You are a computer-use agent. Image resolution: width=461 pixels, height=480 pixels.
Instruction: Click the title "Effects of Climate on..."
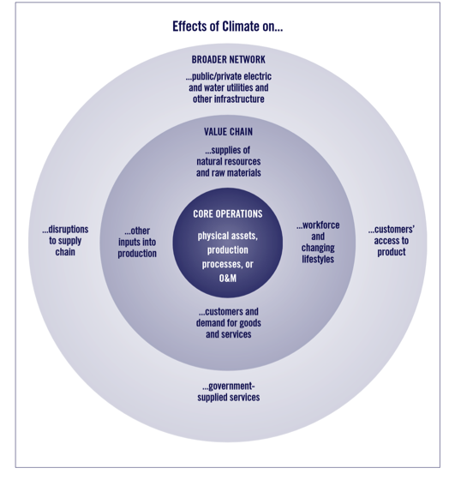click(x=227, y=27)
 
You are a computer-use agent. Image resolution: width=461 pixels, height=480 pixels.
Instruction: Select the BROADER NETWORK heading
click(x=228, y=59)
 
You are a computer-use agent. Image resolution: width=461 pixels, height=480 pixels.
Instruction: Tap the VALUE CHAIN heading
click(x=228, y=132)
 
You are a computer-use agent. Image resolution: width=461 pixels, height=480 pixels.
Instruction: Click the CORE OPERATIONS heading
click(x=228, y=213)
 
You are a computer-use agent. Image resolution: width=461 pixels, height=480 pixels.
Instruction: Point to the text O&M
click(x=228, y=279)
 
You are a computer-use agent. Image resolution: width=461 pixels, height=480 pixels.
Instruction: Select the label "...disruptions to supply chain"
click(x=65, y=241)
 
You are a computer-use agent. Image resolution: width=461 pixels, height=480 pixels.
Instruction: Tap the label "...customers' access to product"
click(x=392, y=241)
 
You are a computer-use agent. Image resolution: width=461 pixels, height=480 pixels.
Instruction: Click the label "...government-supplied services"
click(x=228, y=392)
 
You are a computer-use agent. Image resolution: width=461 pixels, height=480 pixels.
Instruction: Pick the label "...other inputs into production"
click(x=137, y=242)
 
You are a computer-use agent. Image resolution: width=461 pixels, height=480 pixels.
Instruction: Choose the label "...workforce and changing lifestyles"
click(x=318, y=242)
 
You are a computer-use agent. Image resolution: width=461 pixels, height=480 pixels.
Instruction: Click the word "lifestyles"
click(x=318, y=259)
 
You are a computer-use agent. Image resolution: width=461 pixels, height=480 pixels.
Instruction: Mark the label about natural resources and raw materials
click(x=228, y=161)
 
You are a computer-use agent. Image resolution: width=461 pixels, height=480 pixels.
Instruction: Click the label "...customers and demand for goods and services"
click(x=228, y=323)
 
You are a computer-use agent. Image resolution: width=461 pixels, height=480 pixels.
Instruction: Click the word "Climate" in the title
click(x=241, y=27)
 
